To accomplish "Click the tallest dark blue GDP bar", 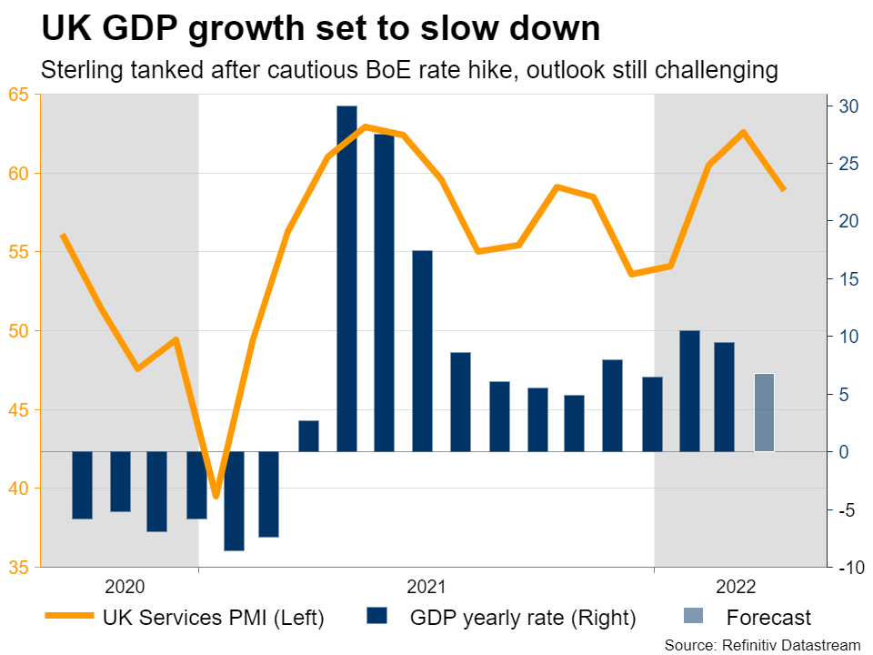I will click(x=346, y=278).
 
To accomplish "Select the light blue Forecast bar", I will click(x=764, y=412).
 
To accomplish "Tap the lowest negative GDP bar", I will click(x=234, y=500).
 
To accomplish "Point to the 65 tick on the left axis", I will click(x=18, y=95).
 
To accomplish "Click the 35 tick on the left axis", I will click(x=18, y=568).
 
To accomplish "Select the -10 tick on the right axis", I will click(x=848, y=568).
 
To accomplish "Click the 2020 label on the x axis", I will click(x=125, y=587).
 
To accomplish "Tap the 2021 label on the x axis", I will click(x=426, y=587).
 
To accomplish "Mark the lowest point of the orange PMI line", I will click(x=216, y=496).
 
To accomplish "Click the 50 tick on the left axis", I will click(x=18, y=331).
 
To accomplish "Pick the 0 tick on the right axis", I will click(x=844, y=452).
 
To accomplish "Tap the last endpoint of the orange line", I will click(x=783, y=189).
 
